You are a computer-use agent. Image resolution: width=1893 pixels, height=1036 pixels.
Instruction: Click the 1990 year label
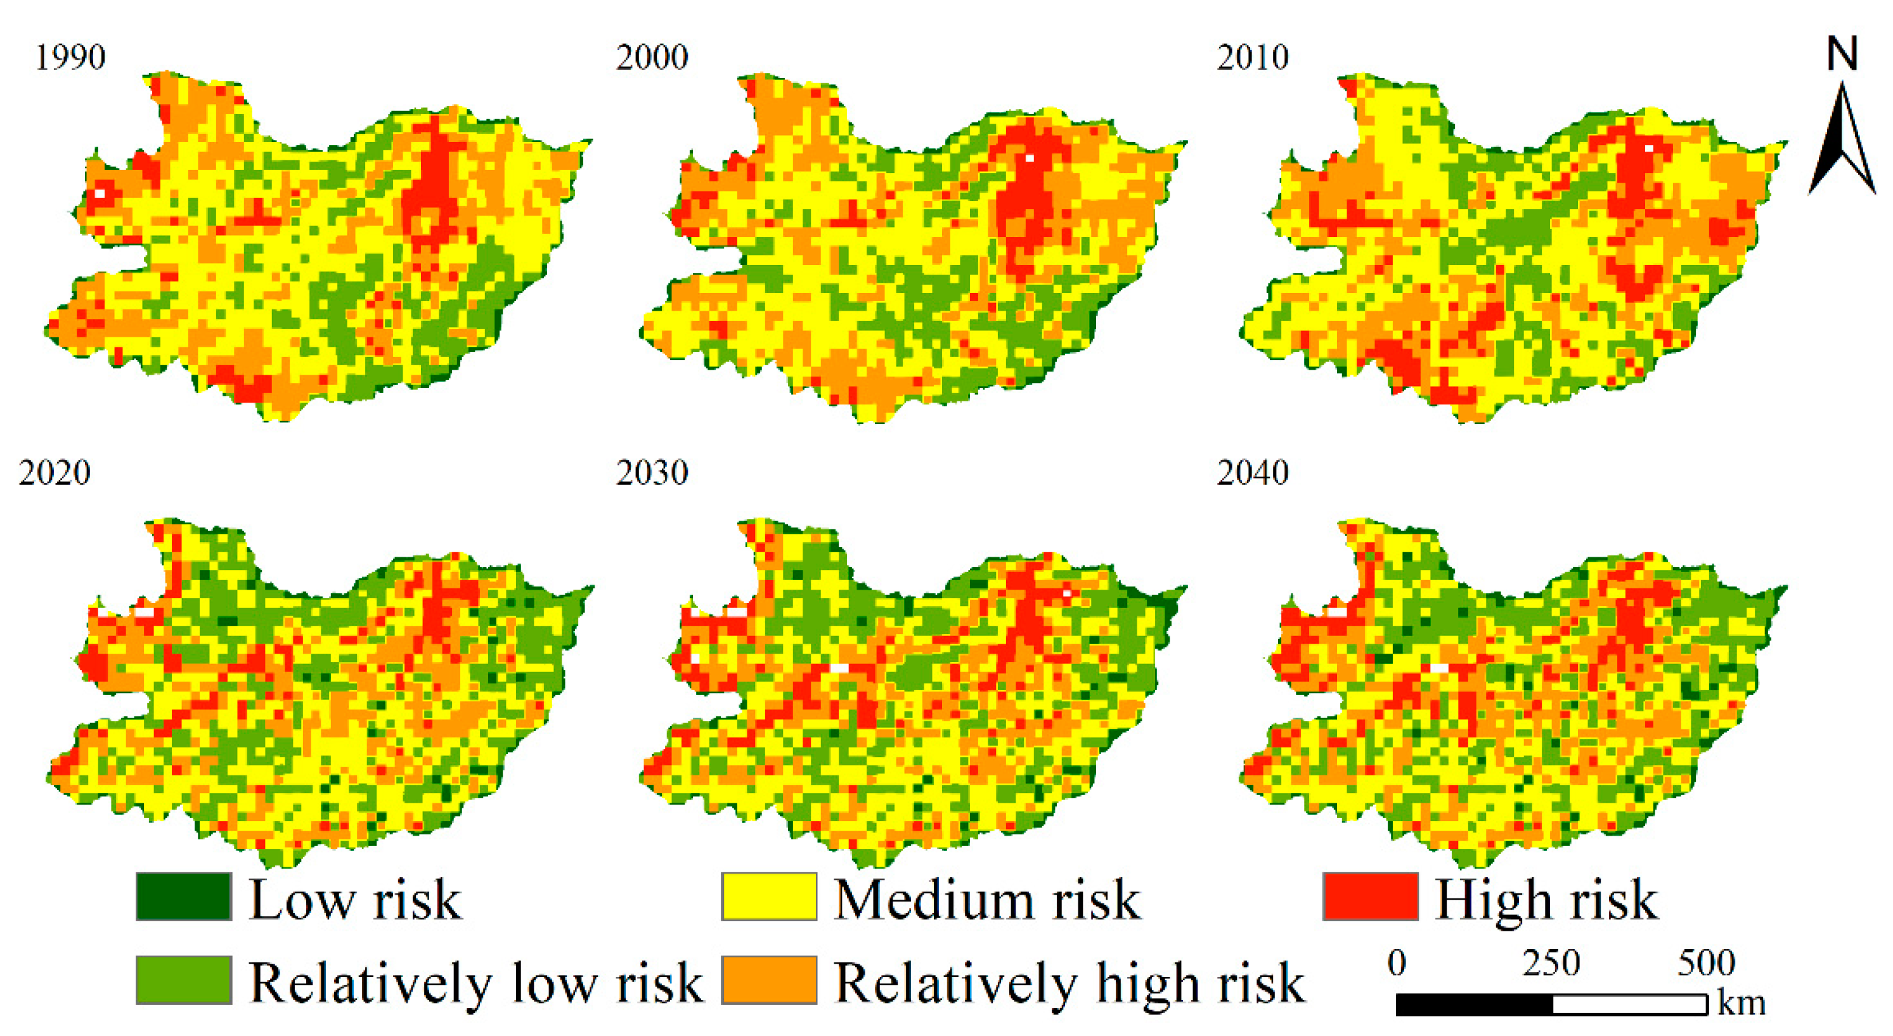(70, 57)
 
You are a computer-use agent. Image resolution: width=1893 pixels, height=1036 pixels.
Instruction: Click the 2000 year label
(652, 57)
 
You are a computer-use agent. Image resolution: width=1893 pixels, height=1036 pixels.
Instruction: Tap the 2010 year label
(1252, 57)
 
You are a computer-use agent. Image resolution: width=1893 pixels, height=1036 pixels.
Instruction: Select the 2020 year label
(55, 472)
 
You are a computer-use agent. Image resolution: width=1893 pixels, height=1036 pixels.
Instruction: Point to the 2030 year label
(652, 472)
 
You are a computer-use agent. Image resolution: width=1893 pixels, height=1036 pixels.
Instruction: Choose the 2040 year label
(1252, 472)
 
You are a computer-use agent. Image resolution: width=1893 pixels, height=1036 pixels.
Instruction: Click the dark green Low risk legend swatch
(184, 897)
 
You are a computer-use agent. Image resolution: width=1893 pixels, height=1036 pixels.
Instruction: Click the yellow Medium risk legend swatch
(768, 897)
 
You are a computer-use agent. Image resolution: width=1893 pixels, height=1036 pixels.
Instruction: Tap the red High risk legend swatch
(1370, 897)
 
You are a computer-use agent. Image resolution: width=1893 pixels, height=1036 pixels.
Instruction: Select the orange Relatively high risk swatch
(768, 980)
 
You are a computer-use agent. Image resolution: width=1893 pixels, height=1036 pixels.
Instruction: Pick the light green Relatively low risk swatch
(184, 980)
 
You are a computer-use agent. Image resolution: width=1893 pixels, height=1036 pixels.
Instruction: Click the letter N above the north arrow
(1842, 55)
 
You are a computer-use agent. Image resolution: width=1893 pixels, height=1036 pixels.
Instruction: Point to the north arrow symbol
(1842, 143)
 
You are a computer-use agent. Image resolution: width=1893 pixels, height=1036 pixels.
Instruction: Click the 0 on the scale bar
(1397, 962)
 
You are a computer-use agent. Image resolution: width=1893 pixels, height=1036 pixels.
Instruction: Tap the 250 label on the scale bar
(1551, 962)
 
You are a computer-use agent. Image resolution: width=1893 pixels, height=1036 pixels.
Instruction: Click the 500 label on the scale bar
(1707, 962)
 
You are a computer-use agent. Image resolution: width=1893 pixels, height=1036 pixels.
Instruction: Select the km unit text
(1741, 1004)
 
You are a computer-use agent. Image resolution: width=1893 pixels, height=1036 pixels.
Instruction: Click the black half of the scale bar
(1474, 1004)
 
